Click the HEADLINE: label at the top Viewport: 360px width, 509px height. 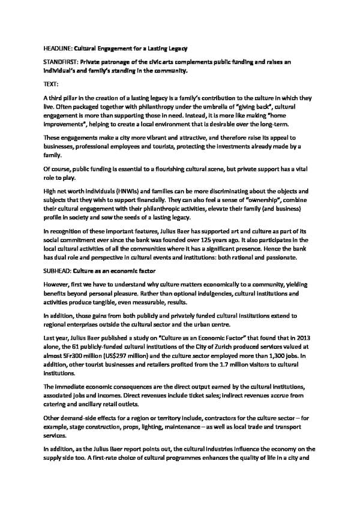point(58,47)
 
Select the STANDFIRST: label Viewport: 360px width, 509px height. point(62,62)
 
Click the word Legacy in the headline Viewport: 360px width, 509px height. point(175,47)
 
